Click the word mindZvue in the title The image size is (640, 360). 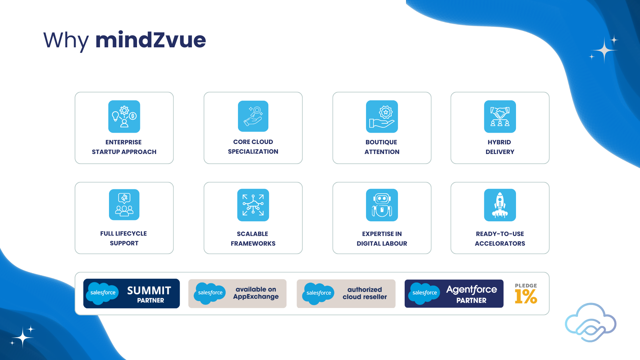151,40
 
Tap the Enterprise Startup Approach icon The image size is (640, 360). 124,117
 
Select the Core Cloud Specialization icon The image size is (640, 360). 253,116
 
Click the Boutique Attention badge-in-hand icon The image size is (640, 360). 382,117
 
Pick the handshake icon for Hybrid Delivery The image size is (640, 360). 500,117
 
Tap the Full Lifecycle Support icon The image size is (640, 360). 124,205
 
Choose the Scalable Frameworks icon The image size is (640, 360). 253,205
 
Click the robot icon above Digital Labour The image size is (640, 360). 382,205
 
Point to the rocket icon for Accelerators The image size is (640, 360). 500,205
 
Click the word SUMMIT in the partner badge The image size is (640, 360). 149,291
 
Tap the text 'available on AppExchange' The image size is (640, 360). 256,293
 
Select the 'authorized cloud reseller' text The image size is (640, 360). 365,293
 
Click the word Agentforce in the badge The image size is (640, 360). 472,289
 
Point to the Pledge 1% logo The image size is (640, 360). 526,294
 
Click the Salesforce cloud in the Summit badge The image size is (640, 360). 102,293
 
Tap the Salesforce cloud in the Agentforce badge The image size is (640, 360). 424,293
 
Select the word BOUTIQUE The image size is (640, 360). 381,142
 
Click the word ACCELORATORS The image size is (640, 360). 500,243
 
